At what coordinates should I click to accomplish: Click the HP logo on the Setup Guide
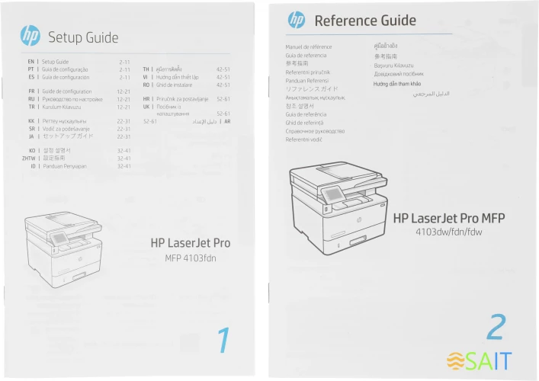point(30,36)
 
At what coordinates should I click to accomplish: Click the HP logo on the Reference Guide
point(297,20)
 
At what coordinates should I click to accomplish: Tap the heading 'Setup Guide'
point(83,37)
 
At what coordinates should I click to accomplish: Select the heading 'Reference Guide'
point(365,21)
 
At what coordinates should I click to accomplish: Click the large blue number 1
point(223,340)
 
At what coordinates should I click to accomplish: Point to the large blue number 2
point(496,326)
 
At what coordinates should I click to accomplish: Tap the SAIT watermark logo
point(480,360)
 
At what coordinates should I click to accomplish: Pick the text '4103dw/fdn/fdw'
point(449,232)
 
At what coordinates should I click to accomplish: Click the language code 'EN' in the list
point(30,61)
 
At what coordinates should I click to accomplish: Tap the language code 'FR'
point(30,91)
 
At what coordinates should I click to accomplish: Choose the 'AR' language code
point(226,121)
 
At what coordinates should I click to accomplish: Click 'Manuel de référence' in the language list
point(309,47)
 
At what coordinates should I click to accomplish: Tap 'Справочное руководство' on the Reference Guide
point(315,131)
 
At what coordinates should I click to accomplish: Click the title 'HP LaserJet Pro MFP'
point(449,218)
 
